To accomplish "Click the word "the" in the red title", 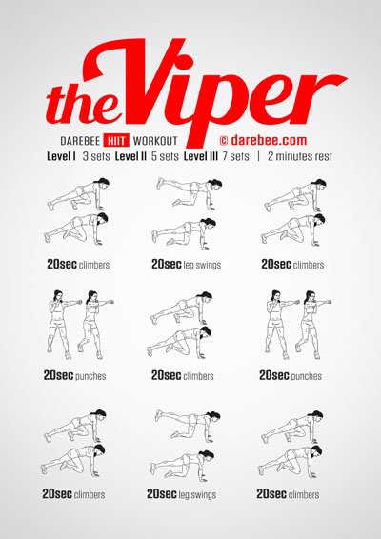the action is tap(80, 104).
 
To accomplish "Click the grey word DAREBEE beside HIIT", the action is tap(80, 141).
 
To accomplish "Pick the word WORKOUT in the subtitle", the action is tap(155, 141).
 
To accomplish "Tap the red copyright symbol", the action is tap(224, 141).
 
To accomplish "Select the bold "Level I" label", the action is tap(61, 157).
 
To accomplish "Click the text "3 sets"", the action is tap(96, 157).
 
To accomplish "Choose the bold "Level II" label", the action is tap(130, 157).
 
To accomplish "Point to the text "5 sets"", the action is tap(165, 157).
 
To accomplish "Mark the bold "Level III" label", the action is tap(201, 157).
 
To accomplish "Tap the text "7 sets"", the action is tap(235, 157).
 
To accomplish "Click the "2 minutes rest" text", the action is tap(300, 157).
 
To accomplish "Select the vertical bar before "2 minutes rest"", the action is tap(258, 157).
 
